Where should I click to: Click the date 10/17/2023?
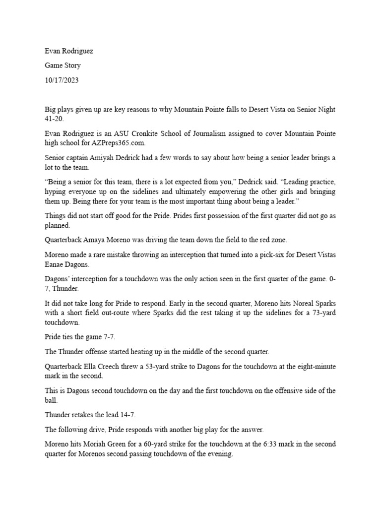pos(62,80)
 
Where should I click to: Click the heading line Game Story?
pos(63,65)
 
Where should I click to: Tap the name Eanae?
pos(56,264)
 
